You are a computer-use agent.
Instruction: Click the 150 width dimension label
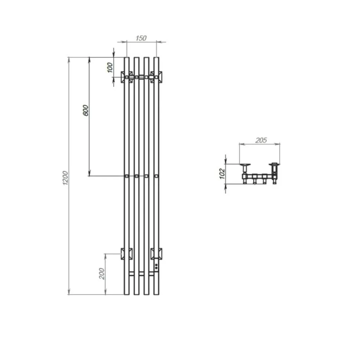[x=141, y=38]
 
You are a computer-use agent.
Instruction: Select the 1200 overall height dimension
[x=65, y=178]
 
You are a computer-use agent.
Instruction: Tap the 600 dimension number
[x=85, y=110]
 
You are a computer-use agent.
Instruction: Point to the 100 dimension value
[x=110, y=68]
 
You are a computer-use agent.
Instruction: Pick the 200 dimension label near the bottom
[x=102, y=274]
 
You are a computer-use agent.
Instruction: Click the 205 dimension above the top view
[x=261, y=140]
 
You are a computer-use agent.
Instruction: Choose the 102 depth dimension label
[x=222, y=174]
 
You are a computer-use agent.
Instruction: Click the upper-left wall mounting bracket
[x=127, y=77]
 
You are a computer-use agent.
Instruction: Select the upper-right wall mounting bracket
[x=156, y=77]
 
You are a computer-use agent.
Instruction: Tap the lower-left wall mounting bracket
[x=127, y=254]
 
